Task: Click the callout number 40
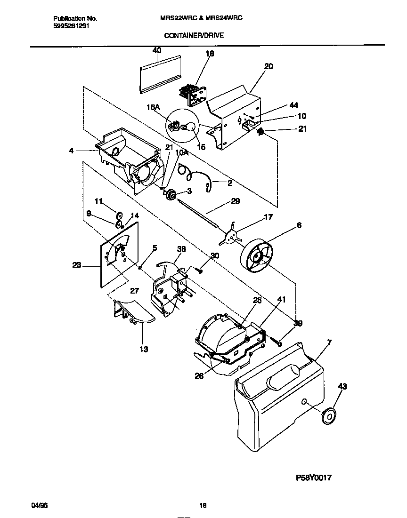157,50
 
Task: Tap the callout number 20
269,66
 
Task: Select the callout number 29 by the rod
236,201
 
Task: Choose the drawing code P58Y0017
314,477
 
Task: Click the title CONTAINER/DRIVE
194,35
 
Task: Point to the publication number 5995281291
70,26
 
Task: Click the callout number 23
77,265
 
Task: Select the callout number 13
144,349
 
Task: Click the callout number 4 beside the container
71,151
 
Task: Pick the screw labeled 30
200,271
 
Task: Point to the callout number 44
294,106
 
